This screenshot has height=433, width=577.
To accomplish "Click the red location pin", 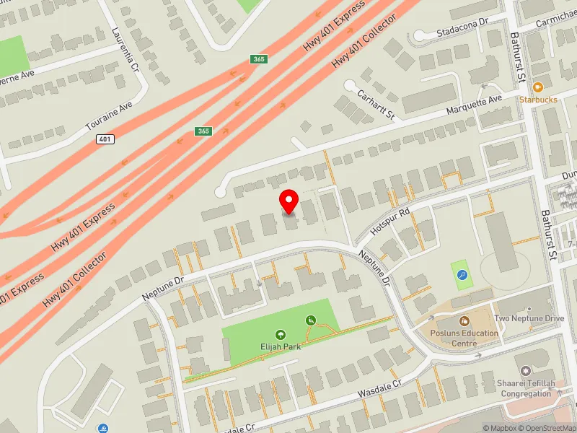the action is pos(289,201).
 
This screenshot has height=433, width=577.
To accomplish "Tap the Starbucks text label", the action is pos(538,100).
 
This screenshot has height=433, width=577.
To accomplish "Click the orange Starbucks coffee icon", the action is pos(538,87).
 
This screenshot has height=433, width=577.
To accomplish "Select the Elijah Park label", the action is pos(280,346).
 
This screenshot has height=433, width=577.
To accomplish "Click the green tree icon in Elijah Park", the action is pos(280,335).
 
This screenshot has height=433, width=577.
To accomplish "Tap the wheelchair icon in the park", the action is pos(312,320).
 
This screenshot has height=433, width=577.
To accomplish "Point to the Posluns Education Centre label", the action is pos(464,338).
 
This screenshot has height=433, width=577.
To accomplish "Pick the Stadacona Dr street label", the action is pos(462,27).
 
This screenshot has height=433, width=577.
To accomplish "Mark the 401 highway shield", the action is pos(105,139).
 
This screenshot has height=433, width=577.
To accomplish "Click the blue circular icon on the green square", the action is pos(462,275).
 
